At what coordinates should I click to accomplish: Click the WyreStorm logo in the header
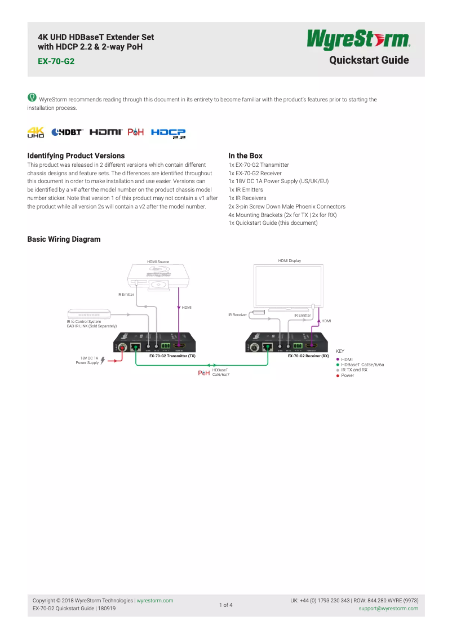pos(358,40)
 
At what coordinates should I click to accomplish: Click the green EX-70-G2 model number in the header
pos(56,61)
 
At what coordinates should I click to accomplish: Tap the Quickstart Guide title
pos(369,60)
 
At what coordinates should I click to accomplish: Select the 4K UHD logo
pos(36,132)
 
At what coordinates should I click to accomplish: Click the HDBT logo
pos(67,132)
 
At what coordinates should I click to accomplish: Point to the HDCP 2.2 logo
pos(168,132)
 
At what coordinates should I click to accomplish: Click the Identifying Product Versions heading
pos(76,156)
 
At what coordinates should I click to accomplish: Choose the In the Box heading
pos(245,156)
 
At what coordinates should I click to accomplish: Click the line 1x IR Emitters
pos(246,190)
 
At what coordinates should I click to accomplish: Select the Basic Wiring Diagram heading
pos(64,239)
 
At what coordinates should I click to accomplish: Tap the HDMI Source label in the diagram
pos(158,261)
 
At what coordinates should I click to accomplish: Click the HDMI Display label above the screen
pos(290,261)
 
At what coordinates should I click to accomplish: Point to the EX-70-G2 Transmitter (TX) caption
pos(172,356)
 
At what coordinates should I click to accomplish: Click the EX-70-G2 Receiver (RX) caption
pos(308,356)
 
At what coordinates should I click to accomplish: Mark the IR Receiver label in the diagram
pos(237,315)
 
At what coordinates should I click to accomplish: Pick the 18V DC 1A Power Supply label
pos(87,360)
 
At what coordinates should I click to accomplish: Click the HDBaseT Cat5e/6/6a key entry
pos(362,365)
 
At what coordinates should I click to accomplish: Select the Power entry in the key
pos(348,375)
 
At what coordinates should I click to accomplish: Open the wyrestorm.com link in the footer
pos(155,601)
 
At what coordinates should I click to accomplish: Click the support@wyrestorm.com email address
pos(388,609)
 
